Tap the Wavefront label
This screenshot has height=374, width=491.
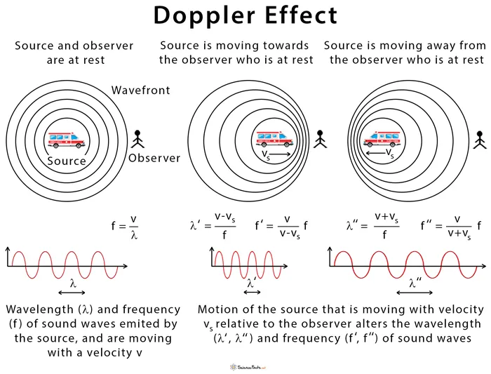[x=140, y=91]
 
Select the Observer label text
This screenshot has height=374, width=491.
[x=154, y=158]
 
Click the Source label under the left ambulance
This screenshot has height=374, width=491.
[x=67, y=161]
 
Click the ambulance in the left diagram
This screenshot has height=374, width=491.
[x=67, y=140]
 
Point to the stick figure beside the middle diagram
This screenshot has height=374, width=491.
[x=321, y=138]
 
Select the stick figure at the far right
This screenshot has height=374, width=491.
[x=480, y=138]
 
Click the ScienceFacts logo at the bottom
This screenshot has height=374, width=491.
[x=245, y=366]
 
